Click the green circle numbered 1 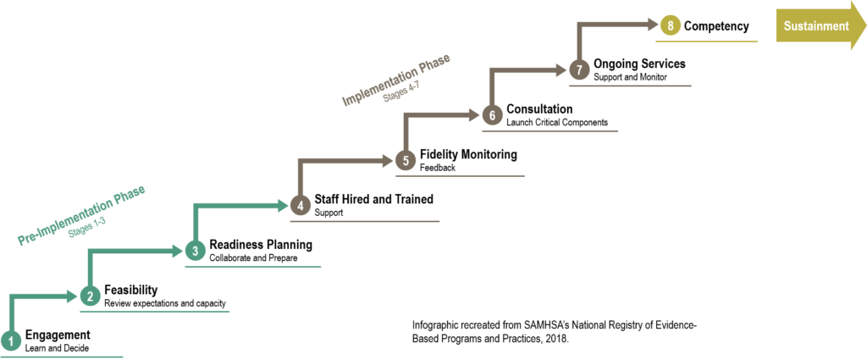pyautogui.click(x=10, y=341)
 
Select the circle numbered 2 pyautogui.click(x=91, y=296)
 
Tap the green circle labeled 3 pyautogui.click(x=195, y=251)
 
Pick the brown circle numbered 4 pyautogui.click(x=300, y=205)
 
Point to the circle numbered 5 pyautogui.click(x=406, y=160)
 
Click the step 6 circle pyautogui.click(x=493, y=115)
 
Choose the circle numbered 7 pyautogui.click(x=579, y=69)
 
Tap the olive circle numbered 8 pyautogui.click(x=671, y=25)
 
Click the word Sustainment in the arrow pyautogui.click(x=816, y=26)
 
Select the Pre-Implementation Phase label pyautogui.click(x=82, y=215)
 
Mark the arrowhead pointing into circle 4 pyautogui.click(x=283, y=205)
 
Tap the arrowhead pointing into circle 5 pyautogui.click(x=389, y=160)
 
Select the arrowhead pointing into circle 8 pyautogui.click(x=653, y=25)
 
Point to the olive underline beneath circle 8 pyautogui.click(x=706, y=41)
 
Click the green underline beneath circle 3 pyautogui.click(x=253, y=267)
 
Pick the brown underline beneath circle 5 pyautogui.click(x=460, y=175)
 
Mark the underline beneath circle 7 pyautogui.click(x=630, y=86)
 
